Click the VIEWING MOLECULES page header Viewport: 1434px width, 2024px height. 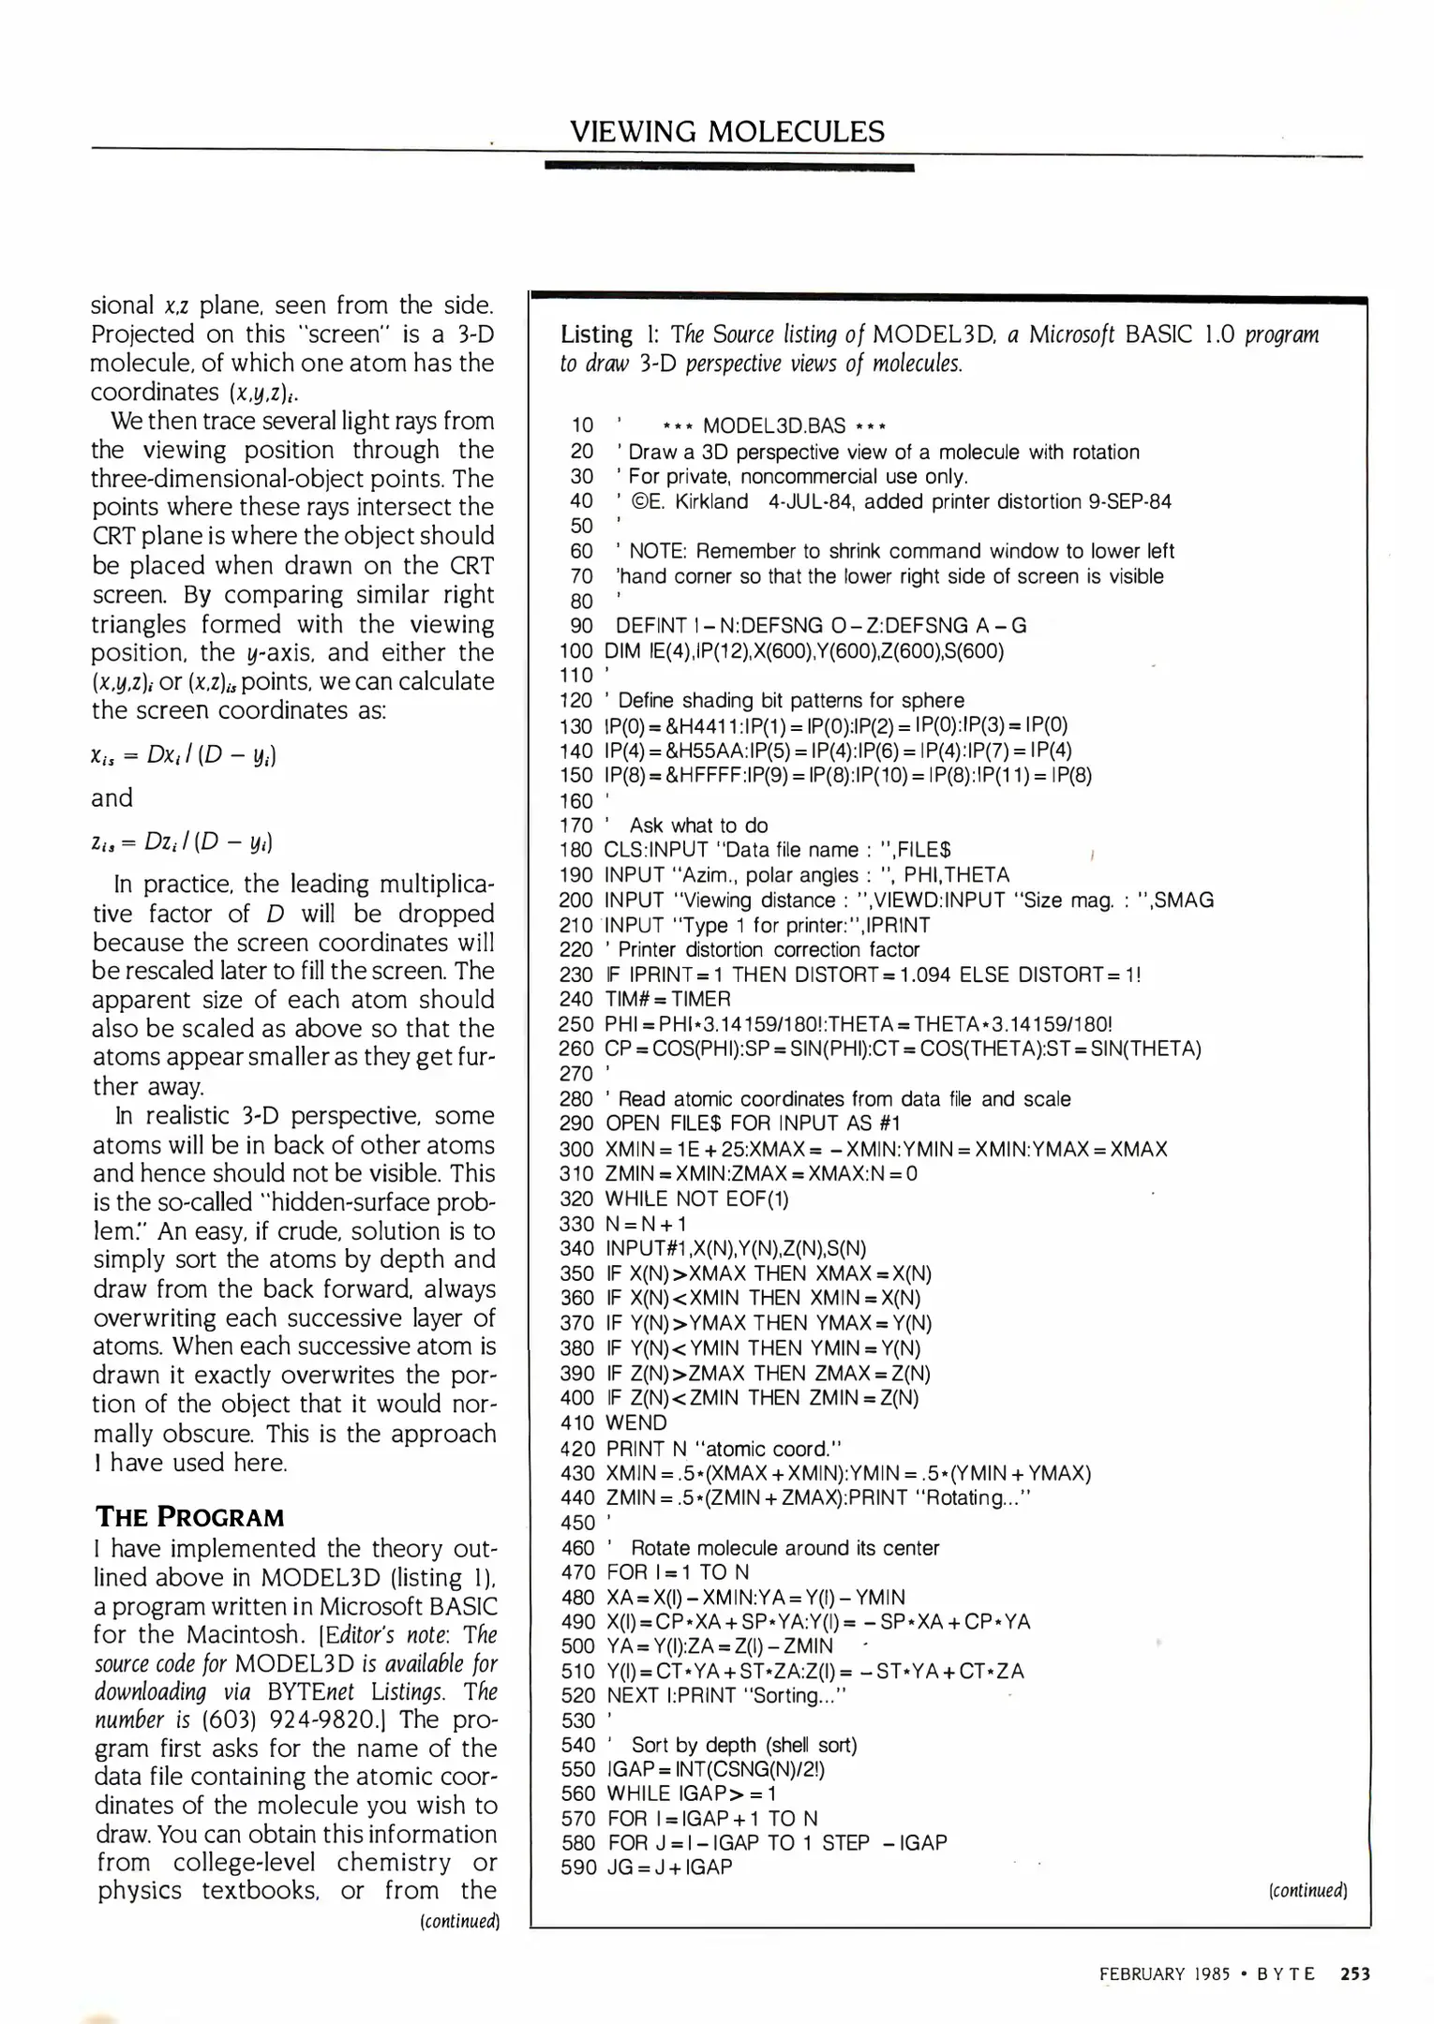(x=726, y=131)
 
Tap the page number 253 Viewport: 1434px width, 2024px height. (x=1355, y=1973)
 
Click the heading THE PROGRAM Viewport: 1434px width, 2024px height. (x=189, y=1517)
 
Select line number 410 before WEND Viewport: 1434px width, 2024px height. (x=577, y=1422)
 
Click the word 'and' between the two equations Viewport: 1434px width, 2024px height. (x=112, y=797)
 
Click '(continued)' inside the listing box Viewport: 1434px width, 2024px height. (x=1307, y=1890)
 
